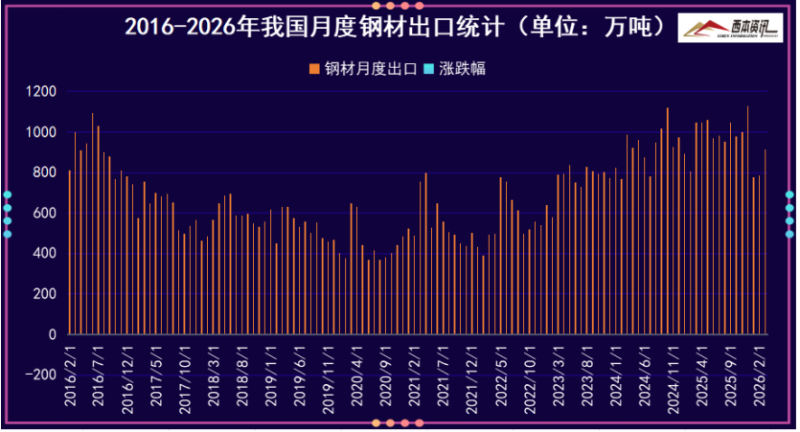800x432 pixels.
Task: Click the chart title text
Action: click(x=396, y=26)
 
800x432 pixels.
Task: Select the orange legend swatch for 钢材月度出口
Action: click(x=313, y=69)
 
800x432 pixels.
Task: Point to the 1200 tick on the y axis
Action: click(x=43, y=92)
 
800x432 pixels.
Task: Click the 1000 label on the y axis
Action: click(x=43, y=132)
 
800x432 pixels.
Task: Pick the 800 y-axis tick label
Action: click(x=47, y=173)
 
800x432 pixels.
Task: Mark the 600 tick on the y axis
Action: click(x=47, y=214)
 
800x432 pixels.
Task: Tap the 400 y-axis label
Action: click(x=47, y=255)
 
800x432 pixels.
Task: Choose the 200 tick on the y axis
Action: click(x=47, y=295)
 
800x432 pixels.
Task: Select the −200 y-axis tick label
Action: click(x=41, y=376)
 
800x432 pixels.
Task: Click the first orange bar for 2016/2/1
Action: click(x=70, y=253)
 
